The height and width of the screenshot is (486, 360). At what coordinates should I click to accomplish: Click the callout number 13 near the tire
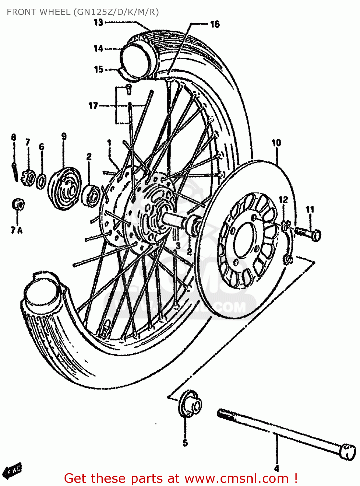(x=98, y=22)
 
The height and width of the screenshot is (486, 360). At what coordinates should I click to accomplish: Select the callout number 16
(x=215, y=24)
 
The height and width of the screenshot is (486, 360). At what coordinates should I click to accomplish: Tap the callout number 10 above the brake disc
(x=276, y=143)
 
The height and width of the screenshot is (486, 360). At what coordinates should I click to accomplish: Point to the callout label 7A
(x=17, y=230)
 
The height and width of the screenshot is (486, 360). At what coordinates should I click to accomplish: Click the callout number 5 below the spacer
(x=185, y=443)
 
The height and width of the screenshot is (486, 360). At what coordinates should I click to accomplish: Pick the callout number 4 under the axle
(x=277, y=468)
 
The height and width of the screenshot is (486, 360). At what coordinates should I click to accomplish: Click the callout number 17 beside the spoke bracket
(x=93, y=106)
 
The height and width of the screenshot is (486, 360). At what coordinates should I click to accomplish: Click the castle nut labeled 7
(x=29, y=177)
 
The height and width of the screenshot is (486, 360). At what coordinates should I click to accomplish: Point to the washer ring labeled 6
(x=41, y=182)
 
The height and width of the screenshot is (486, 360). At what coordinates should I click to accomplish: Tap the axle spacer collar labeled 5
(x=190, y=403)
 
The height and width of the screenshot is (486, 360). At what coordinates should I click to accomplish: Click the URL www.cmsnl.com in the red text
(x=237, y=478)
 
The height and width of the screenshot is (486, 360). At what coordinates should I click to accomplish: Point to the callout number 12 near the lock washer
(x=283, y=200)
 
